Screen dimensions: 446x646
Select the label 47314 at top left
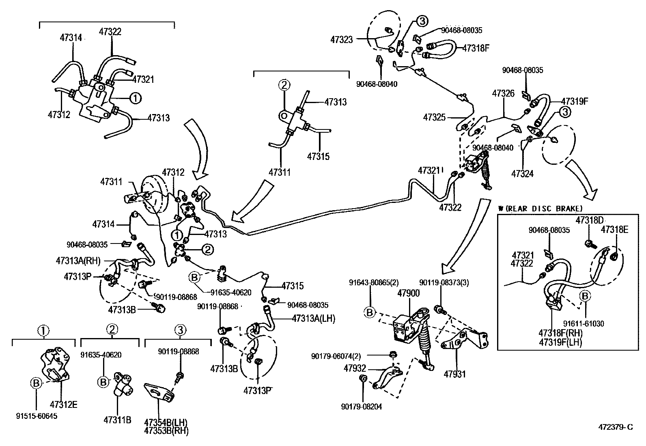pos(71,38)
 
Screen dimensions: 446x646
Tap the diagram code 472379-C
pos(616,427)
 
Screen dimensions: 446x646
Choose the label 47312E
pos(64,405)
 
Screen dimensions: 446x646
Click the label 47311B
pos(117,420)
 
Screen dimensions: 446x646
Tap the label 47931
pos(455,374)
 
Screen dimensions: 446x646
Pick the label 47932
pos(355,368)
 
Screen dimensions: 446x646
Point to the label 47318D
pos(590,220)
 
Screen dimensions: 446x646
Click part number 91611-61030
pos(584,323)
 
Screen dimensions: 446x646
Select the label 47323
pos(342,40)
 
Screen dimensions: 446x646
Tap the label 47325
pos(434,117)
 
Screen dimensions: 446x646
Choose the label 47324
pos(522,174)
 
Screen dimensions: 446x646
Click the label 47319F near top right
pos(575,101)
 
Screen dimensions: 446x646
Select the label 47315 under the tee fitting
pos(318,156)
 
